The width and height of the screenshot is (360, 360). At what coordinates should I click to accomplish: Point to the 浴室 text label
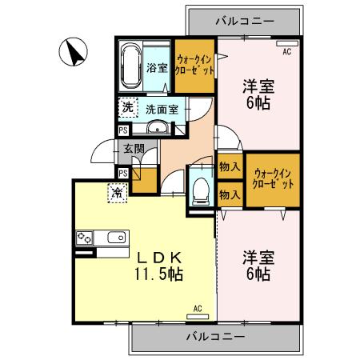click(158, 68)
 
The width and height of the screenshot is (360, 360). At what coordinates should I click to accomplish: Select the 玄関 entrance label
click(133, 149)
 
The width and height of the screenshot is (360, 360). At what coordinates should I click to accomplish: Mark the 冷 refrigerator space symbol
click(117, 193)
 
